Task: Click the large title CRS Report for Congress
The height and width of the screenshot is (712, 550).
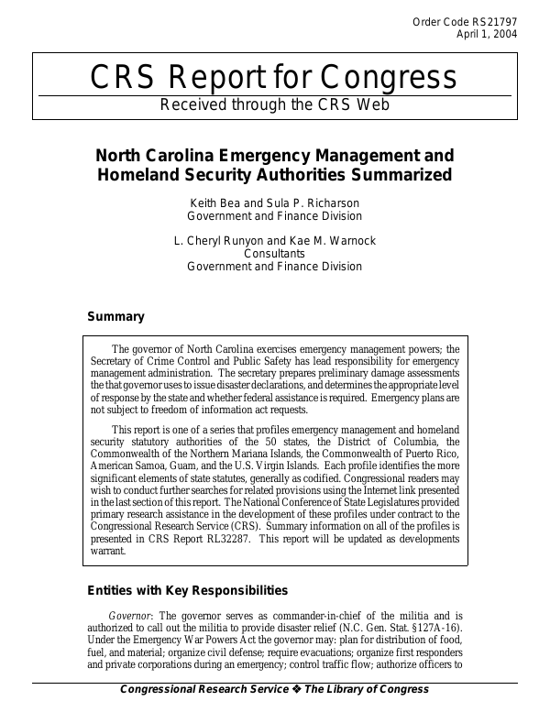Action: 274,78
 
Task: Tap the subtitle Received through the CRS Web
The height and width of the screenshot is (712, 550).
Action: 274,104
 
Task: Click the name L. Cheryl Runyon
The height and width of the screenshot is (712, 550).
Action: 215,241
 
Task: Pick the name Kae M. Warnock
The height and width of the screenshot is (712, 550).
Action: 332,241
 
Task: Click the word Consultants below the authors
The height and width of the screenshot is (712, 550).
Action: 274,254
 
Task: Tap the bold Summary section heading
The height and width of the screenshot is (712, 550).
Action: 115,317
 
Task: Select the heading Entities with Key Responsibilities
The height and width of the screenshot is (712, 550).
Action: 187,590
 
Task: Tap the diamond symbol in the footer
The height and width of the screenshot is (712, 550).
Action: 300,689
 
